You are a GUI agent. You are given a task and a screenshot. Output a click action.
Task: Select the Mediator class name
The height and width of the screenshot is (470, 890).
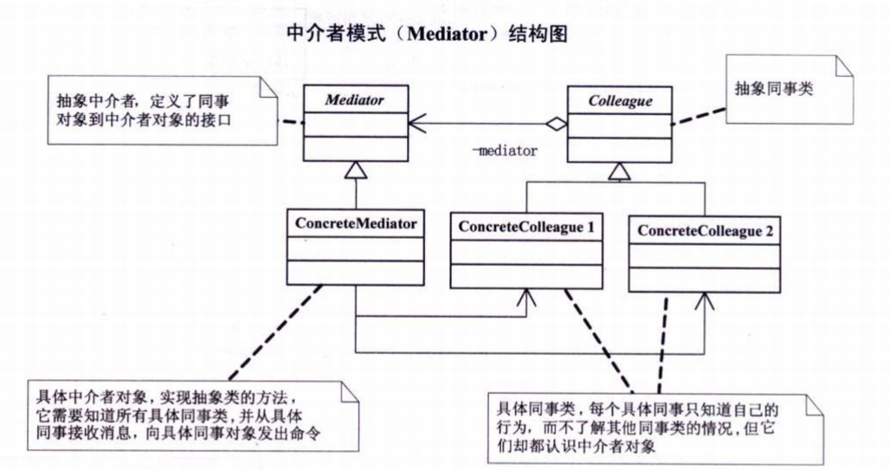click(x=356, y=100)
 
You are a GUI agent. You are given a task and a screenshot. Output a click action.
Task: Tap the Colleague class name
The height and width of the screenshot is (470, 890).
click(x=620, y=100)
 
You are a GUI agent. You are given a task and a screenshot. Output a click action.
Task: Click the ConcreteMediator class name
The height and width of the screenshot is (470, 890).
click(x=356, y=224)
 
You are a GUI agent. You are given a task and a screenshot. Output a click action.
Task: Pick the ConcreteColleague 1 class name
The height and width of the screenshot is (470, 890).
click(x=526, y=226)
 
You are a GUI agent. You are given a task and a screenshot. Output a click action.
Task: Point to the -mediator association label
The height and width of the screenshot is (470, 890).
click(x=504, y=150)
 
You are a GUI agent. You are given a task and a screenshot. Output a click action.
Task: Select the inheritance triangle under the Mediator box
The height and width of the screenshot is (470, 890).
click(x=356, y=171)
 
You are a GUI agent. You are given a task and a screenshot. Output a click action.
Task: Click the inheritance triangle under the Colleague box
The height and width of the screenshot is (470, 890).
click(x=619, y=171)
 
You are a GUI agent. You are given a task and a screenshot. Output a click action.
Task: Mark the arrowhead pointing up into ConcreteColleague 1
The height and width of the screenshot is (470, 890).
click(x=525, y=296)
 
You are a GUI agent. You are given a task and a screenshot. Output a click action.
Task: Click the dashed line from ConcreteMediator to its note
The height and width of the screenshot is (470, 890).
click(x=268, y=333)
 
